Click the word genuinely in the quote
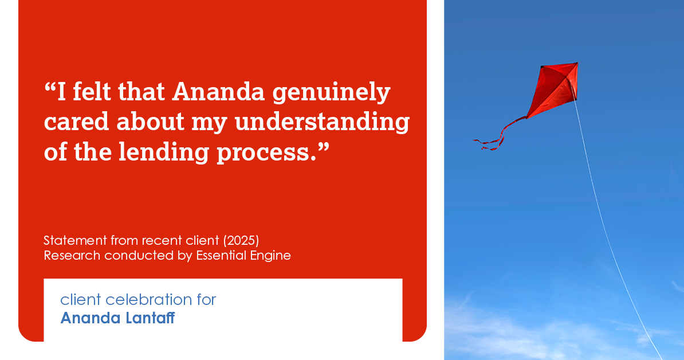[x=332, y=93]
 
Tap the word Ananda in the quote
[x=219, y=92]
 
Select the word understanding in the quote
[x=323, y=123]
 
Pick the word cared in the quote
[x=76, y=122]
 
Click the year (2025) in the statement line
[x=241, y=240]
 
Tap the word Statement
[x=76, y=240]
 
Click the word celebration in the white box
[x=149, y=300]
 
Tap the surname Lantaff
[x=150, y=318]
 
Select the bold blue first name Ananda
[x=91, y=318]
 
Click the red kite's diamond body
[x=553, y=89]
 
